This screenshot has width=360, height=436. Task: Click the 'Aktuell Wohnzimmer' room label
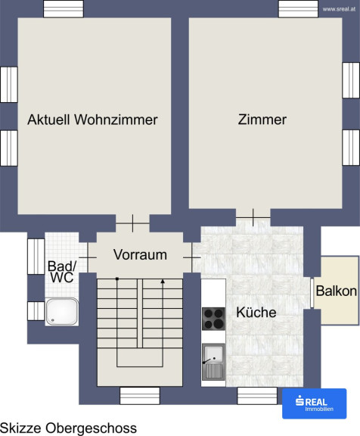tap(92, 120)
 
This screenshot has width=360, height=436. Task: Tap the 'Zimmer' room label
tap(262, 120)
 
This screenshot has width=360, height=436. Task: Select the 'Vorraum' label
tap(140, 254)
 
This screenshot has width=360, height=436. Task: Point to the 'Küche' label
tap(256, 313)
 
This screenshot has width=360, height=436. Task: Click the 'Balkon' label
tap(337, 291)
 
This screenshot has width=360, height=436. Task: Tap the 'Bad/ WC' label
tap(62, 272)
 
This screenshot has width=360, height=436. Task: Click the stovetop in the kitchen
tap(213, 319)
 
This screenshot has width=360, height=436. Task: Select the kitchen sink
tap(213, 362)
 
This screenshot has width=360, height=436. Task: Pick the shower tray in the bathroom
tap(62, 312)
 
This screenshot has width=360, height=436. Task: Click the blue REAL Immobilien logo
tap(314, 403)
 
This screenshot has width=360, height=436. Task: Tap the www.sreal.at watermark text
tap(339, 9)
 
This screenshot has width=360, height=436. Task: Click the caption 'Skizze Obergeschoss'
tap(68, 428)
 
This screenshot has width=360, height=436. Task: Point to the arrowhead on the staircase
tap(163, 282)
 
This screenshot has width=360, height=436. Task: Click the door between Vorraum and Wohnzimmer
tap(133, 223)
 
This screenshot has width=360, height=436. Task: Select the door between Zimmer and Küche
tap(253, 217)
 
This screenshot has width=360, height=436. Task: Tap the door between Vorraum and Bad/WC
tap(88, 258)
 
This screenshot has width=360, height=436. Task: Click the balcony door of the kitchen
tap(312, 293)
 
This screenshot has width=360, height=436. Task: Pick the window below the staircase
tap(140, 396)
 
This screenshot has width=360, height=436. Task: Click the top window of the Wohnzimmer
tap(64, 9)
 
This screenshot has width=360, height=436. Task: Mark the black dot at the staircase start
tap(117, 279)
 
